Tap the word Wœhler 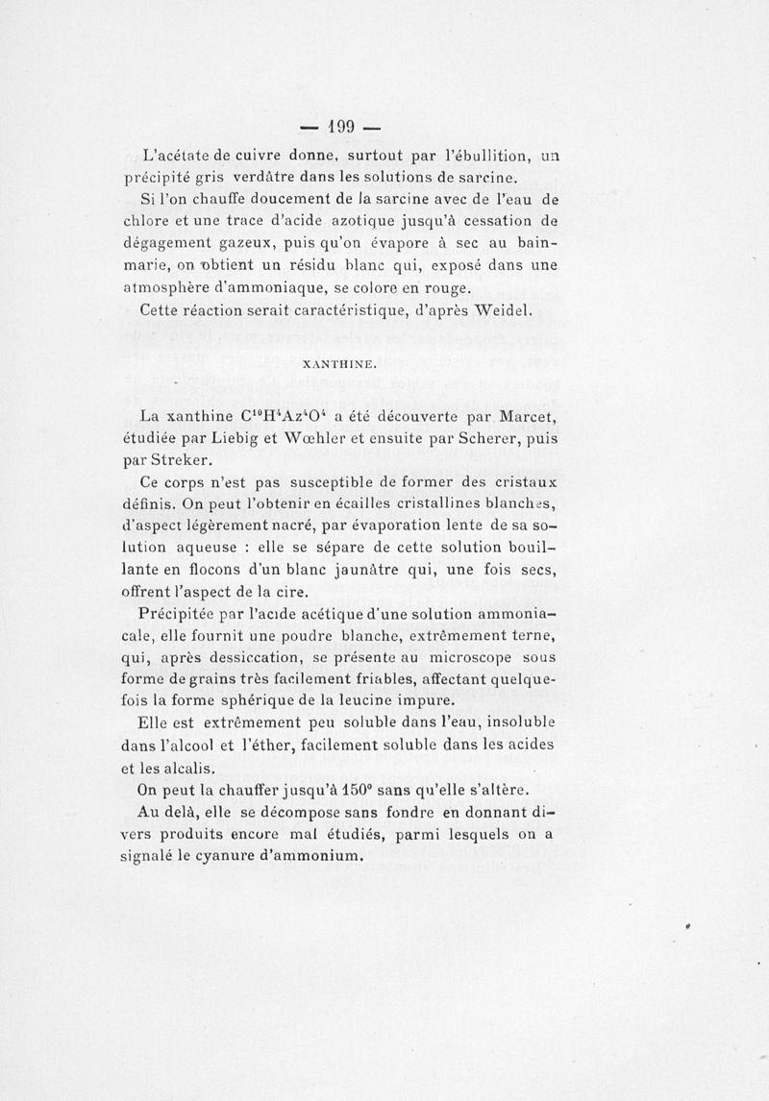coord(332,438)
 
